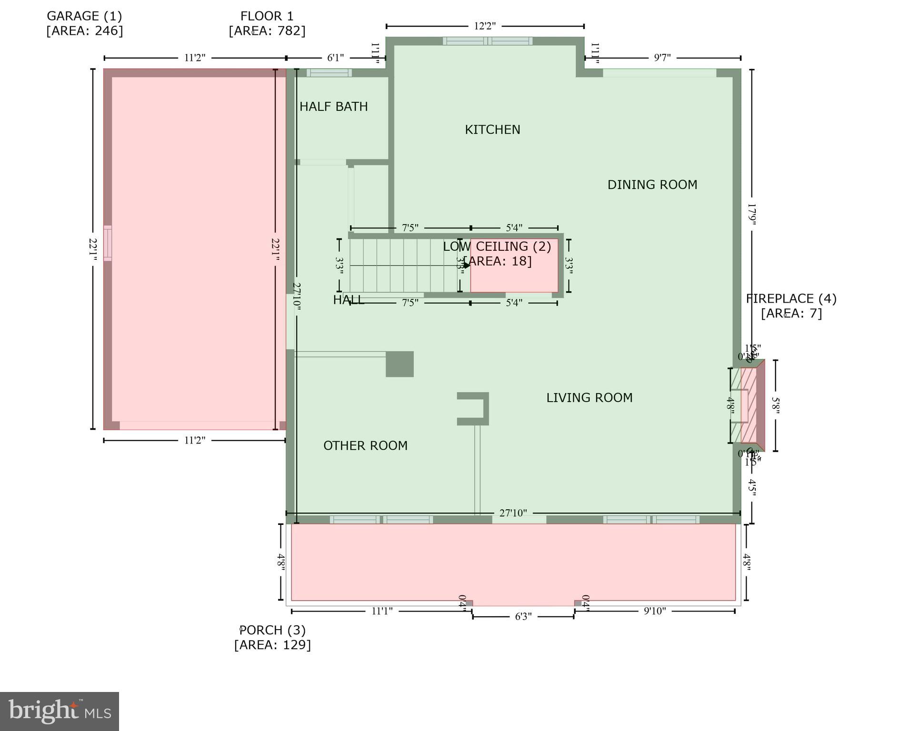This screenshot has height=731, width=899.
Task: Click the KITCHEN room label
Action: coord(492,129)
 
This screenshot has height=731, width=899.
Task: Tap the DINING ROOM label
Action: coord(652,185)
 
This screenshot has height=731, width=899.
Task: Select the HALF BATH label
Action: coord(333,107)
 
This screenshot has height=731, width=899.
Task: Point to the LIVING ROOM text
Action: coord(589,398)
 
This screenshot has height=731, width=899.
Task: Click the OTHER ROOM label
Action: coord(365,446)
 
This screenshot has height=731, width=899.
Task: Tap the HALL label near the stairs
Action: coord(348,300)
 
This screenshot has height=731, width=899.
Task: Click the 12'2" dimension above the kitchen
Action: coord(485,26)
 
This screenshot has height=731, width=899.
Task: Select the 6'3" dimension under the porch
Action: coord(523,617)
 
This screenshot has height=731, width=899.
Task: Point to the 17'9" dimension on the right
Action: coord(751,214)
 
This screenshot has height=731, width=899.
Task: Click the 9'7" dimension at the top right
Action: coord(662,58)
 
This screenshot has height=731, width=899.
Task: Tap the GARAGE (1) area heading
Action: coord(84,16)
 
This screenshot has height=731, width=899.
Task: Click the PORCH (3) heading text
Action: coord(272,630)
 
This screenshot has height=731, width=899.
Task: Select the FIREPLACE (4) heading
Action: coord(791,299)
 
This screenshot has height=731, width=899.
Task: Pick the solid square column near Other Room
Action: coord(400,364)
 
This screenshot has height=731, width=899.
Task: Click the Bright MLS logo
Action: coord(60,711)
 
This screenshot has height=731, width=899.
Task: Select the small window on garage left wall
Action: coord(108,243)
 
